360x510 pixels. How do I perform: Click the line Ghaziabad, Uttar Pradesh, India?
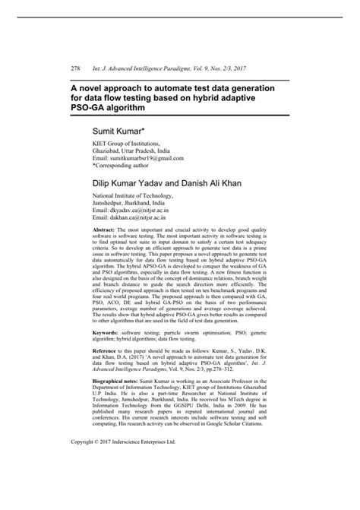tap(131, 150)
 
